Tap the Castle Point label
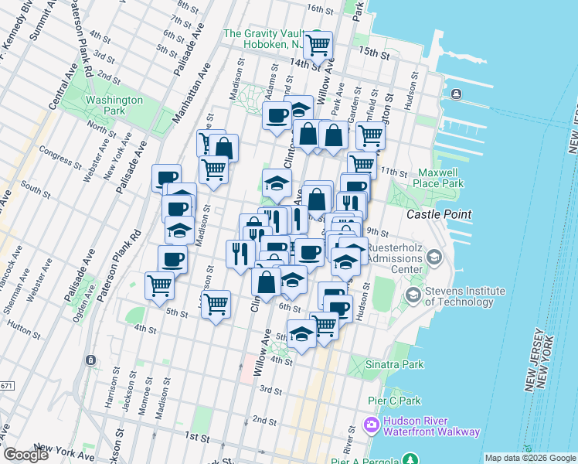coord(439,213)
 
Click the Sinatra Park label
coord(397,364)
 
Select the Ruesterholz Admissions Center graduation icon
coord(434,256)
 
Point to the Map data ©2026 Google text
coord(529,458)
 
